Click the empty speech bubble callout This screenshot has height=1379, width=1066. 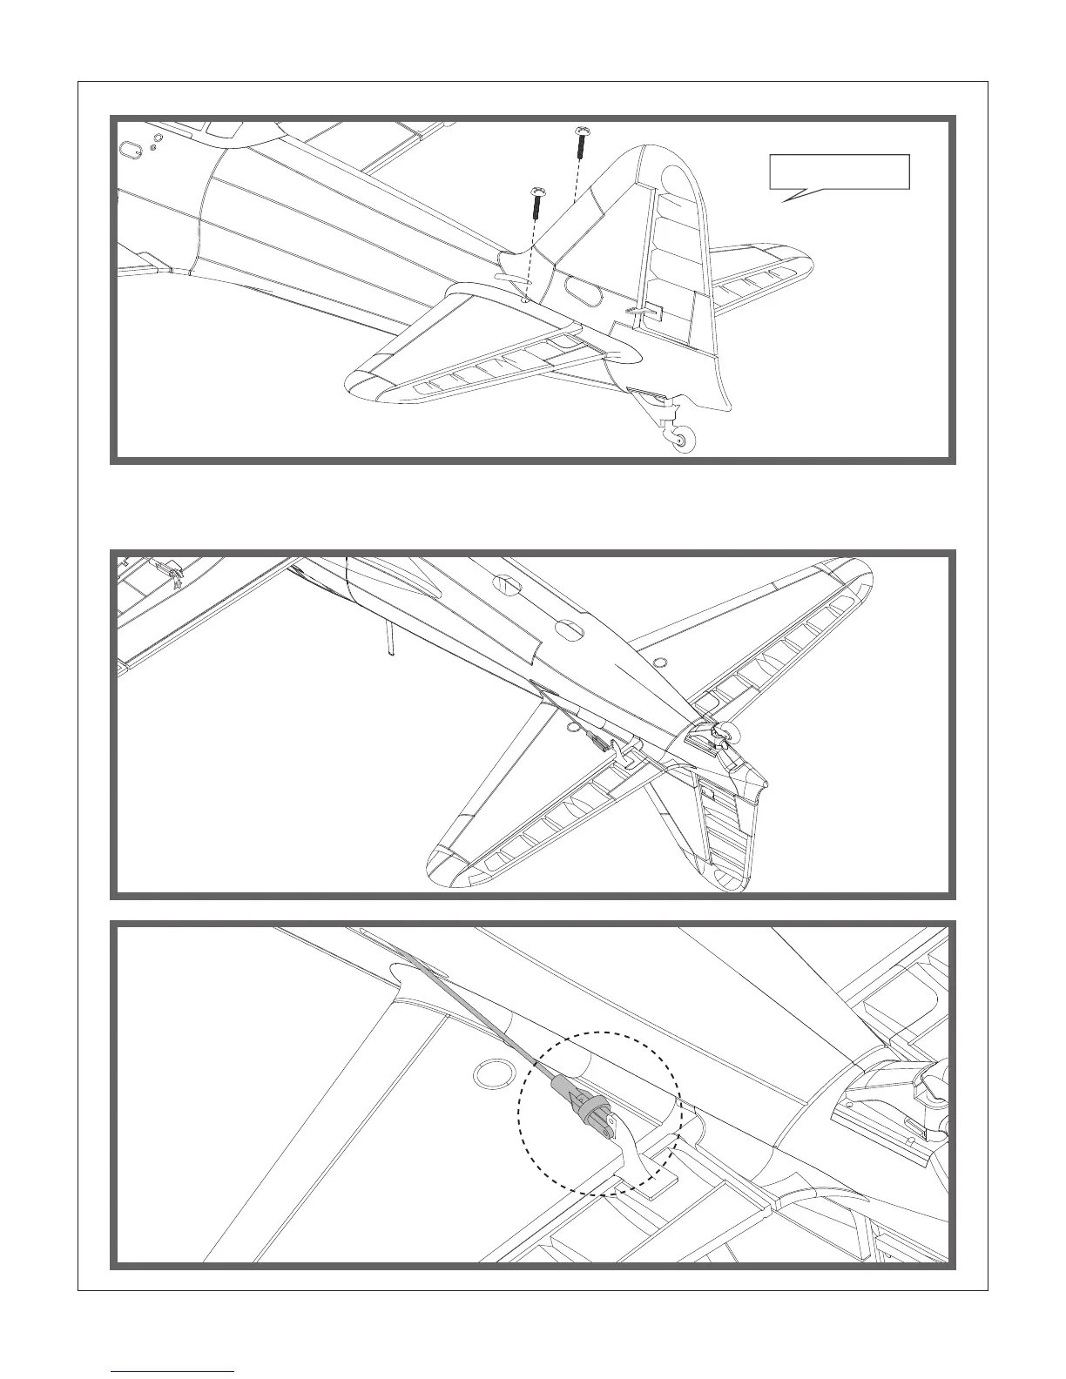[x=839, y=173]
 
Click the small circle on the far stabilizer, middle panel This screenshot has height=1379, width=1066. [x=660, y=663]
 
